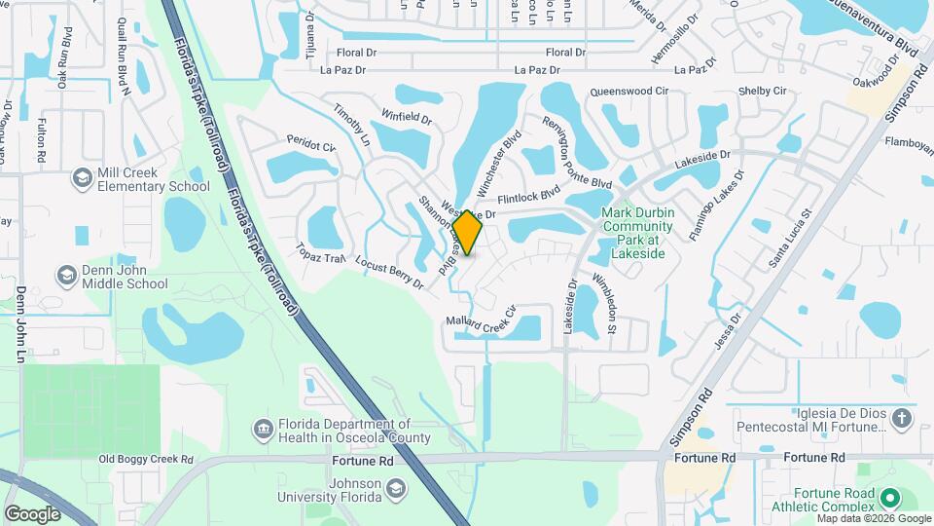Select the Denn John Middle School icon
pos(67,276)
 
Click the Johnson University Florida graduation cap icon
pos(395,486)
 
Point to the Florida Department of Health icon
pos(263,430)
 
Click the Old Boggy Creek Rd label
pos(145,460)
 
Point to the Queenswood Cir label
pos(629,92)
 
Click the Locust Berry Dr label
pos(389,274)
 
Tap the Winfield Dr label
pos(406,119)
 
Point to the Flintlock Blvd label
pos(529,196)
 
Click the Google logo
pos(32,513)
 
